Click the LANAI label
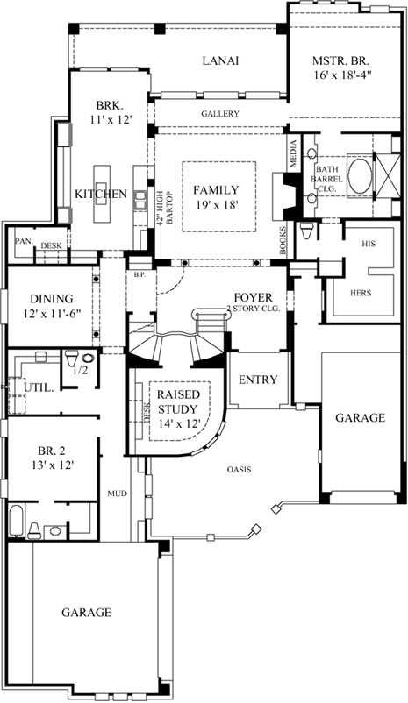pyautogui.click(x=220, y=60)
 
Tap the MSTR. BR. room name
pyautogui.click(x=341, y=60)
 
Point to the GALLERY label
pyautogui.click(x=220, y=114)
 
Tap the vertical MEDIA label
pyautogui.click(x=293, y=153)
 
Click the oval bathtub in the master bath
pyautogui.click(x=360, y=174)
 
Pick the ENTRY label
pyautogui.click(x=258, y=380)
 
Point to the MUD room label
pyautogui.click(x=118, y=494)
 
